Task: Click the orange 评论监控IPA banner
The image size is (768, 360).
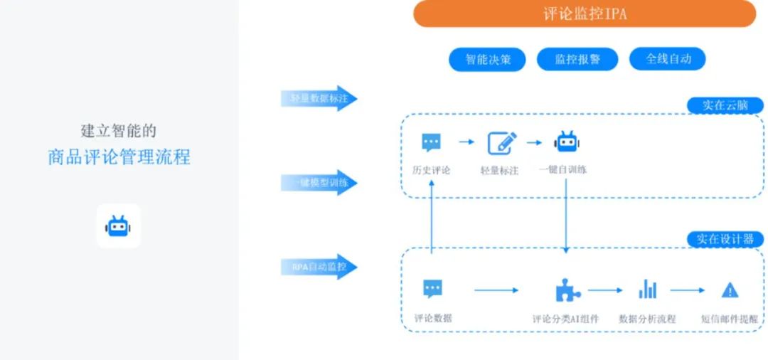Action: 585,14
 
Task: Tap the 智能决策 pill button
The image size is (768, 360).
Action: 487,60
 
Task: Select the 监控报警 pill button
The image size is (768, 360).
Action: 577,60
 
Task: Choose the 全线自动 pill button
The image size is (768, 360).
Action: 667,59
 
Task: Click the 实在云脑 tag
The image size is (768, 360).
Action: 725,105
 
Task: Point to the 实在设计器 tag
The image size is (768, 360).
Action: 725,239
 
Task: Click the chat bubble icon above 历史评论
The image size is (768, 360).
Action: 431,143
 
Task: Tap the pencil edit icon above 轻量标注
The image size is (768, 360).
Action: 501,143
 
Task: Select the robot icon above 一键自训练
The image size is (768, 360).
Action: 567,142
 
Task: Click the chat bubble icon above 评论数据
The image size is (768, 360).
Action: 432,289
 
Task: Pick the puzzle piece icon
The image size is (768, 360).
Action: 567,290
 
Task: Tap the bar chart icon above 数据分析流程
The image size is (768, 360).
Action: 647,289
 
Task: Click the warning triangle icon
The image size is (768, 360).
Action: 730,290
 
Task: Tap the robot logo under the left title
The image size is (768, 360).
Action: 119,226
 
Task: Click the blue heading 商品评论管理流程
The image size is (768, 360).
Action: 119,157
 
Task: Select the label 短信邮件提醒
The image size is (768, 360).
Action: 730,319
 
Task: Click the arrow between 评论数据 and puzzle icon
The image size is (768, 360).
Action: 496,290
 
